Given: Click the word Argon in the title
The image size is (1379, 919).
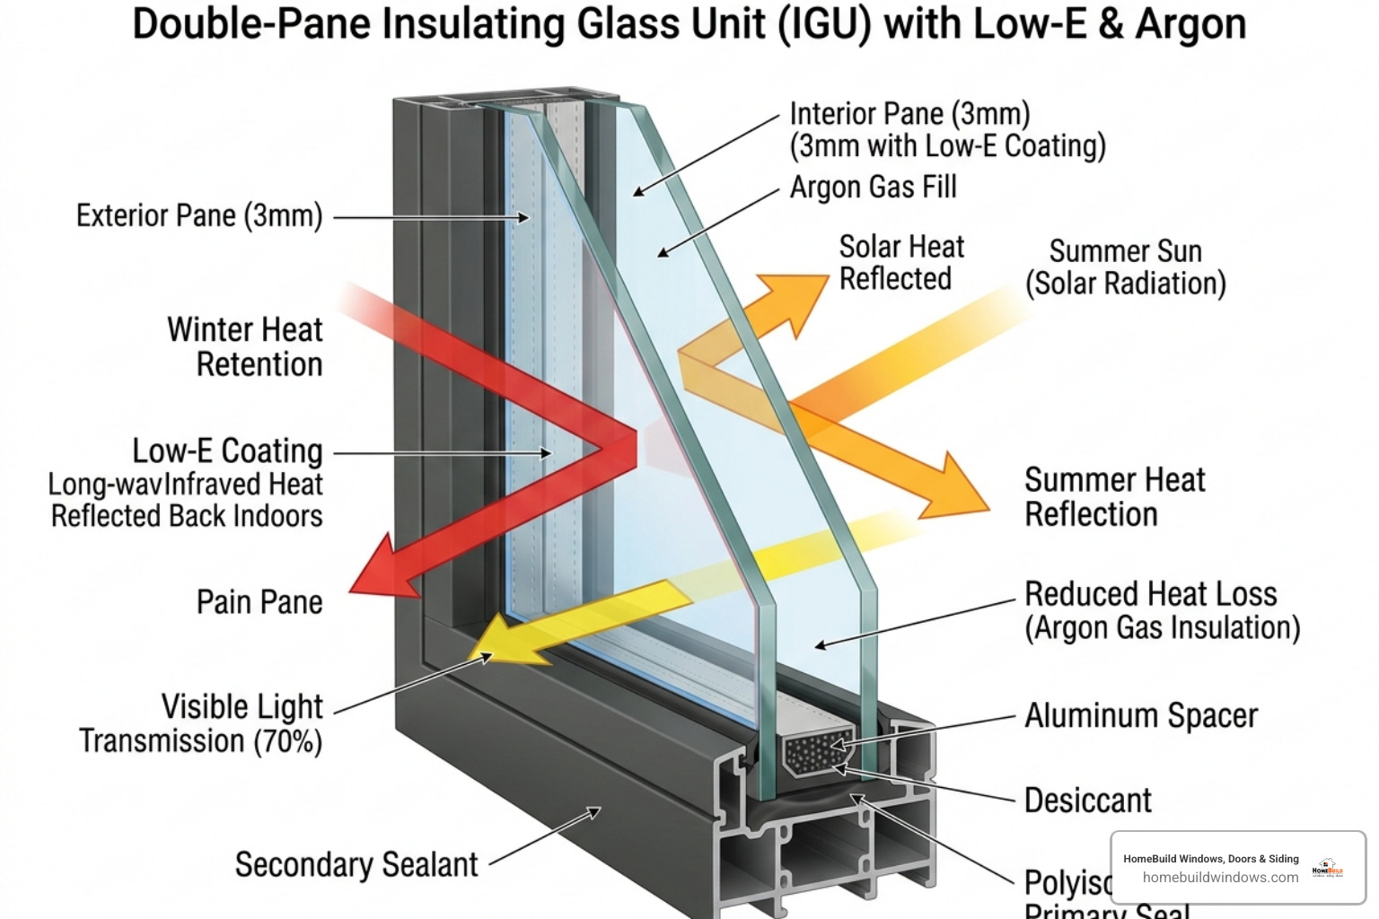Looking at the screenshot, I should [1190, 24].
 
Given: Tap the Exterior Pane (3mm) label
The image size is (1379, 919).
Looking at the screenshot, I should [198, 216].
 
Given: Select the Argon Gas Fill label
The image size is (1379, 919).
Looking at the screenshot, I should [873, 188].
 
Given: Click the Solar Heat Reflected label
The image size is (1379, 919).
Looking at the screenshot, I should [900, 263].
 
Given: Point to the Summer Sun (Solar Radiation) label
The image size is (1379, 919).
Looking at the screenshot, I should [1126, 267].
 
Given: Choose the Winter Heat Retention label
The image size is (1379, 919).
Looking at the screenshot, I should [245, 347].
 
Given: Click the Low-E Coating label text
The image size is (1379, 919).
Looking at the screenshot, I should [227, 451].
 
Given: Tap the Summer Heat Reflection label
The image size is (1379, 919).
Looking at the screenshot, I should [1113, 497].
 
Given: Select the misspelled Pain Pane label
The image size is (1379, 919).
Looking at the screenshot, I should [259, 602].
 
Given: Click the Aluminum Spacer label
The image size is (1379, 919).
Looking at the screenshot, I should [1141, 716].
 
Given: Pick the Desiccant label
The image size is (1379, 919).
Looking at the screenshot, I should [1087, 801].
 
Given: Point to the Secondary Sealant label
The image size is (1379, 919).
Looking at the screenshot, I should [356, 865].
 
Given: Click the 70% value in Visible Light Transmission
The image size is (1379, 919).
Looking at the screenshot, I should [288, 742].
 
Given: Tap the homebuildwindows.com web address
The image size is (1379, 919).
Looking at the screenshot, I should [1220, 878].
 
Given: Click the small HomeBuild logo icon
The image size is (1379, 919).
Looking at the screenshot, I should [1328, 868].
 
